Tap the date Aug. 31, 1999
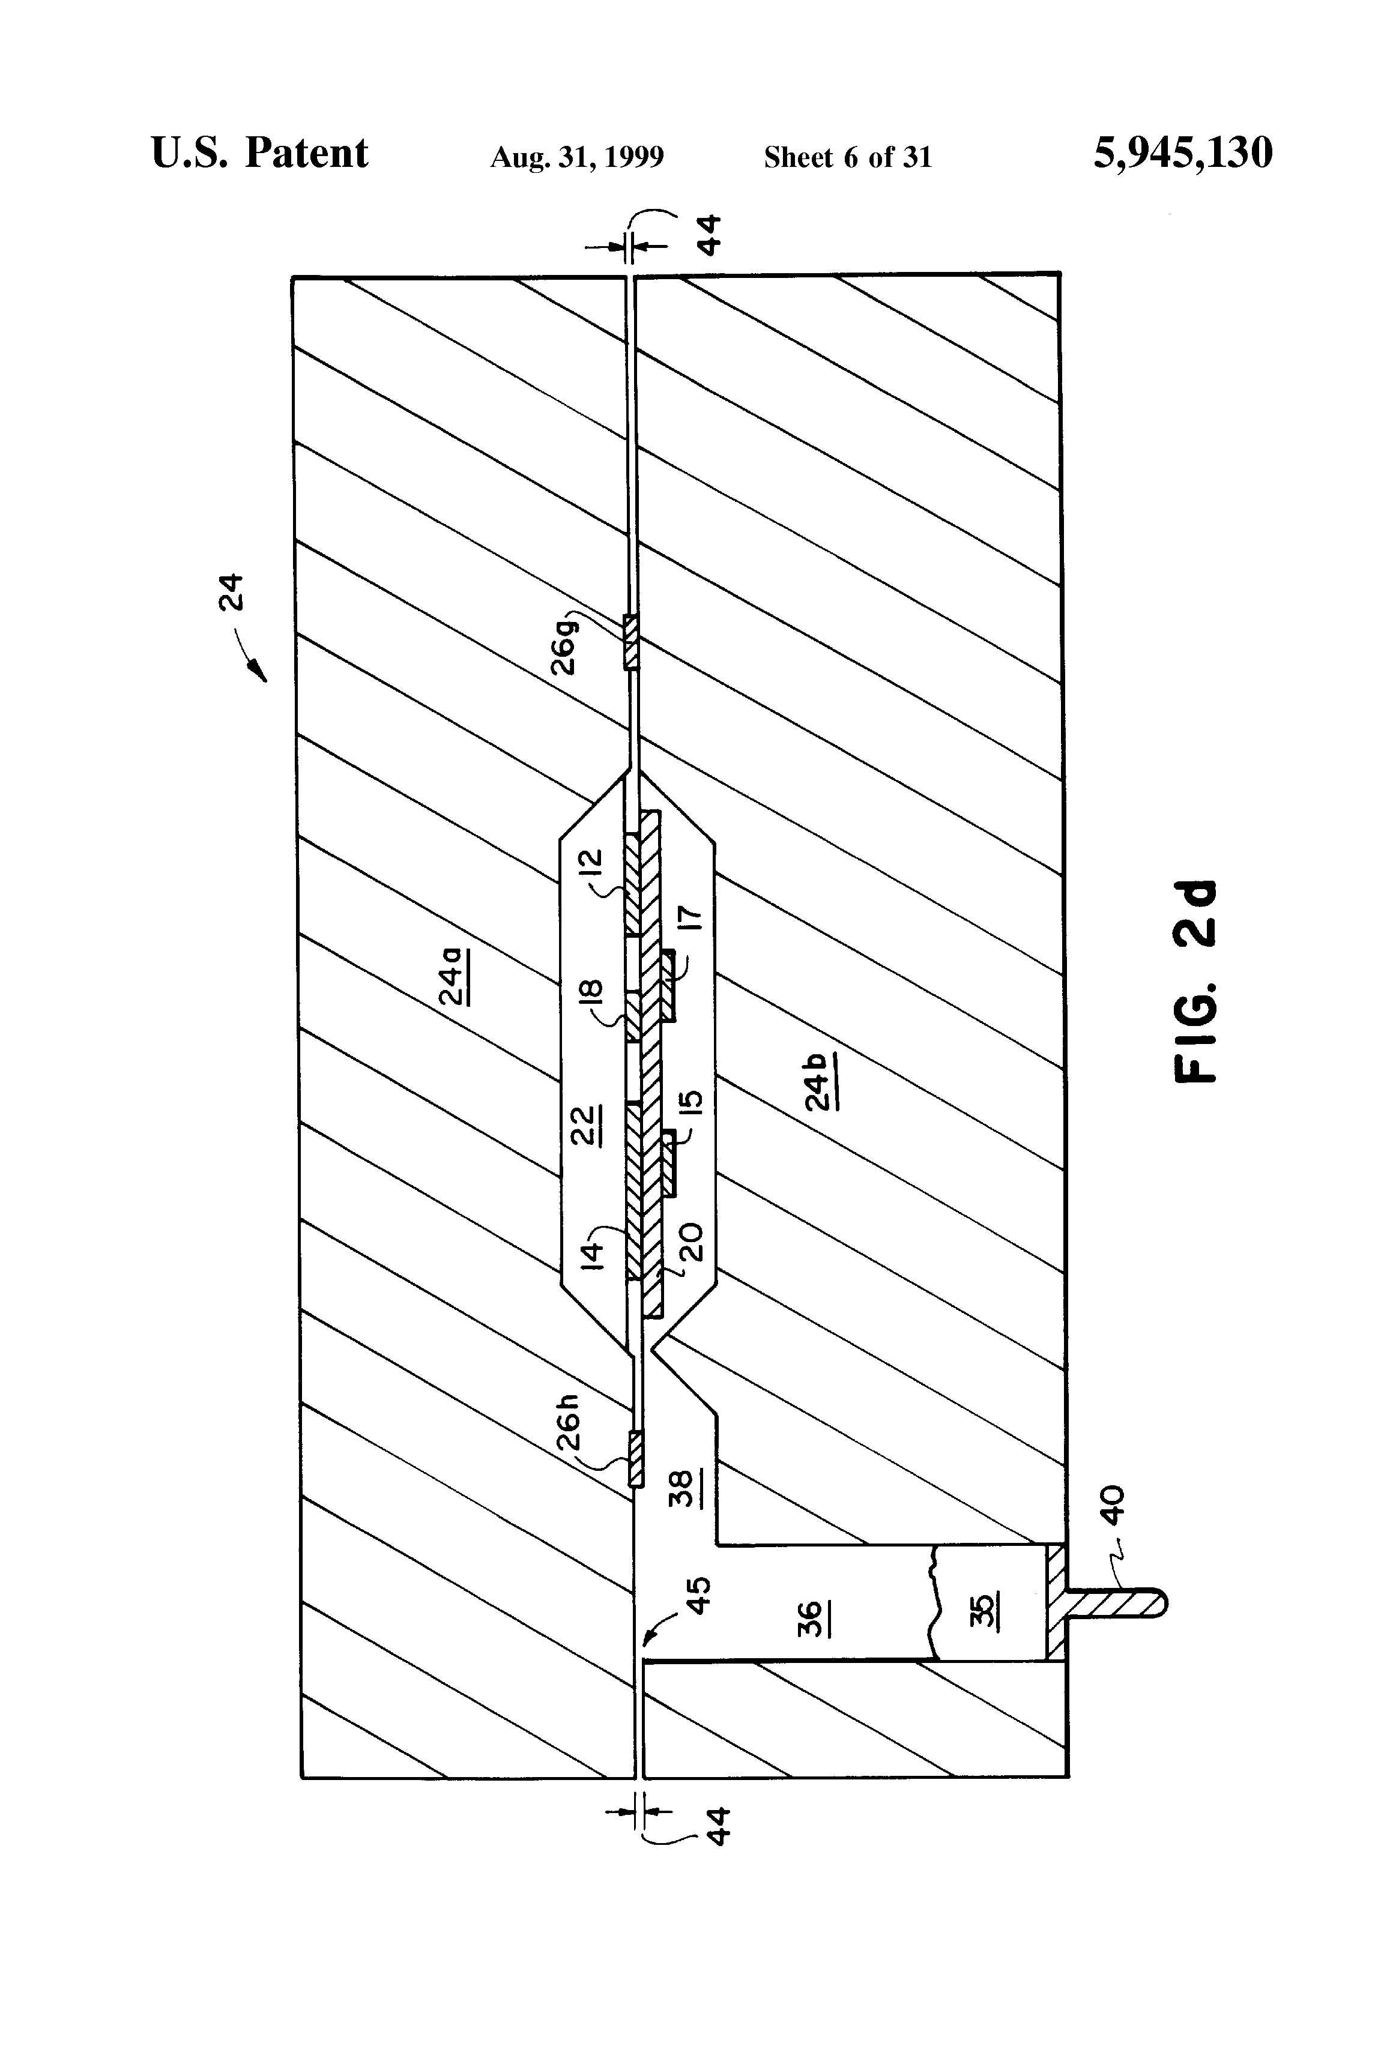click(577, 157)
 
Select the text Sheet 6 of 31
click(847, 157)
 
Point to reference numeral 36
click(810, 1618)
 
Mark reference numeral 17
click(692, 918)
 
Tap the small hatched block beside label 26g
click(630, 642)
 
